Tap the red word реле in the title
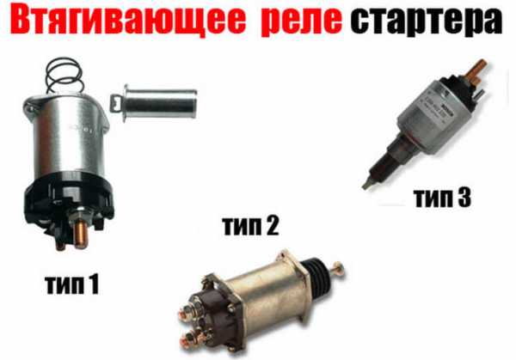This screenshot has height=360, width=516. click(x=302, y=21)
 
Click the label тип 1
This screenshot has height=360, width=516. click(x=72, y=284)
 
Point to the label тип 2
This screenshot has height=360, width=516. click(x=251, y=226)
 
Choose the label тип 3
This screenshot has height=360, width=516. click(x=442, y=198)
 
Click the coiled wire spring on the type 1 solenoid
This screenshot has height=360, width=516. click(x=64, y=75)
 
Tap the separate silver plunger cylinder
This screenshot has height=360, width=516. click(x=154, y=103)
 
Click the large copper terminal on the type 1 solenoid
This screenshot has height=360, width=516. click(x=81, y=235)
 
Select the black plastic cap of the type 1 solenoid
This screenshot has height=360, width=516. click(x=69, y=204)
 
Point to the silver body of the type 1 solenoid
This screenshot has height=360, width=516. click(x=67, y=138)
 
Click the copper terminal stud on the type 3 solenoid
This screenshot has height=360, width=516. click(x=476, y=70)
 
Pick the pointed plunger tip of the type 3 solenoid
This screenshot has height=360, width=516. click(x=366, y=185)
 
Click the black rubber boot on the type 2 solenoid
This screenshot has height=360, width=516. click(x=316, y=269)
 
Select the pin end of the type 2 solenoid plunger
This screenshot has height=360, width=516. click(x=338, y=270)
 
